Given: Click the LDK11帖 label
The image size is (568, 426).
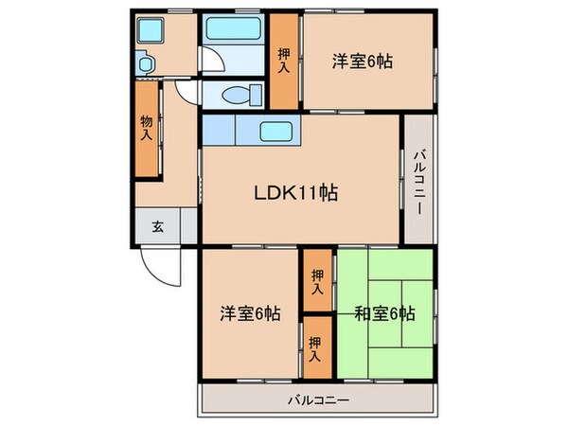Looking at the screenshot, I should (x=295, y=193).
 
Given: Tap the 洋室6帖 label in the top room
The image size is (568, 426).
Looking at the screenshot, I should (x=362, y=62).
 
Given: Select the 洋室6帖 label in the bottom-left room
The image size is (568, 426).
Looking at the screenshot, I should (x=252, y=313).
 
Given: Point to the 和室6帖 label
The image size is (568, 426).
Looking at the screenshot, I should (x=387, y=313).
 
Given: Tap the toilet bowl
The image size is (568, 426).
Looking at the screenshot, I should (x=247, y=94).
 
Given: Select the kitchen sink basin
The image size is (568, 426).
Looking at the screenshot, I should (x=275, y=131).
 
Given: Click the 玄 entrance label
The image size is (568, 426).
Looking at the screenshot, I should (x=157, y=226).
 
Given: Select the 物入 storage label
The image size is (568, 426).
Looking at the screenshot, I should (x=147, y=128).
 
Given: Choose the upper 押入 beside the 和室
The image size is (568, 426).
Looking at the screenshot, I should (x=317, y=282).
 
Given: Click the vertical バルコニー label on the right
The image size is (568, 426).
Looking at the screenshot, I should (x=417, y=180).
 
